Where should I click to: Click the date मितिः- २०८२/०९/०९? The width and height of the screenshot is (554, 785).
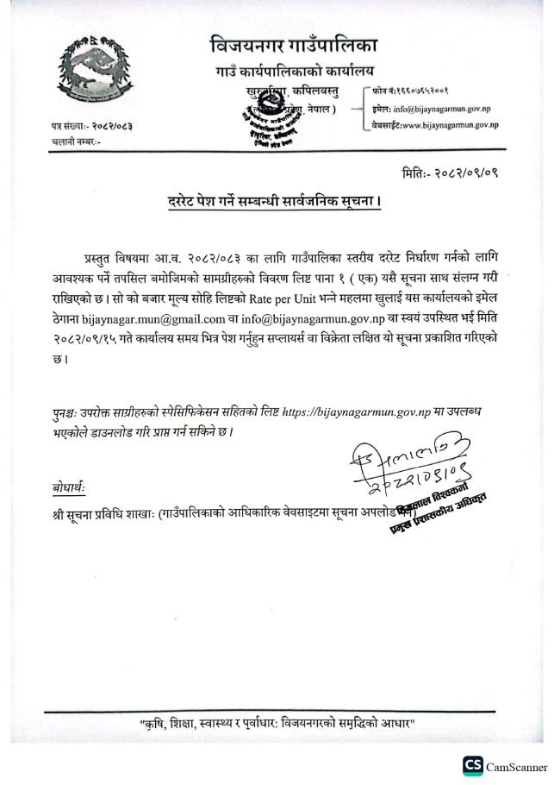pos(451,173)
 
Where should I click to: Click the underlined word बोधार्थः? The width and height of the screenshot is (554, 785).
pos(70,488)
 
